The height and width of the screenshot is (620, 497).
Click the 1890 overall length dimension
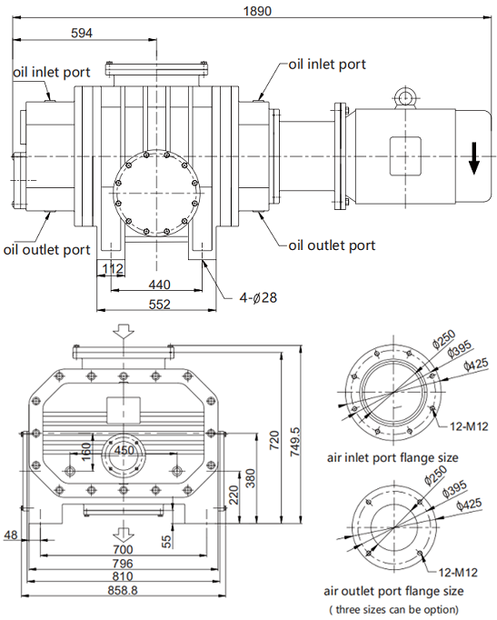[x=257, y=11]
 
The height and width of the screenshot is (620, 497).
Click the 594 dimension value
[x=82, y=33]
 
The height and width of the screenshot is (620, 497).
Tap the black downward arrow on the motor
[x=474, y=158]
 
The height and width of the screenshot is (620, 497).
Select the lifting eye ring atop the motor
[x=405, y=96]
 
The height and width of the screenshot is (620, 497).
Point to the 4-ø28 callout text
[x=258, y=297]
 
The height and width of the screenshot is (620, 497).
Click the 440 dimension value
[x=160, y=285]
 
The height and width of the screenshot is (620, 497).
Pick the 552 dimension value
[x=160, y=304]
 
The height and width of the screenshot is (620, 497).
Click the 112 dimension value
[x=113, y=269]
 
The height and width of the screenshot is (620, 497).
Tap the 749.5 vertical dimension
[x=295, y=442]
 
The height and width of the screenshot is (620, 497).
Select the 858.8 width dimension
[x=123, y=590]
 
